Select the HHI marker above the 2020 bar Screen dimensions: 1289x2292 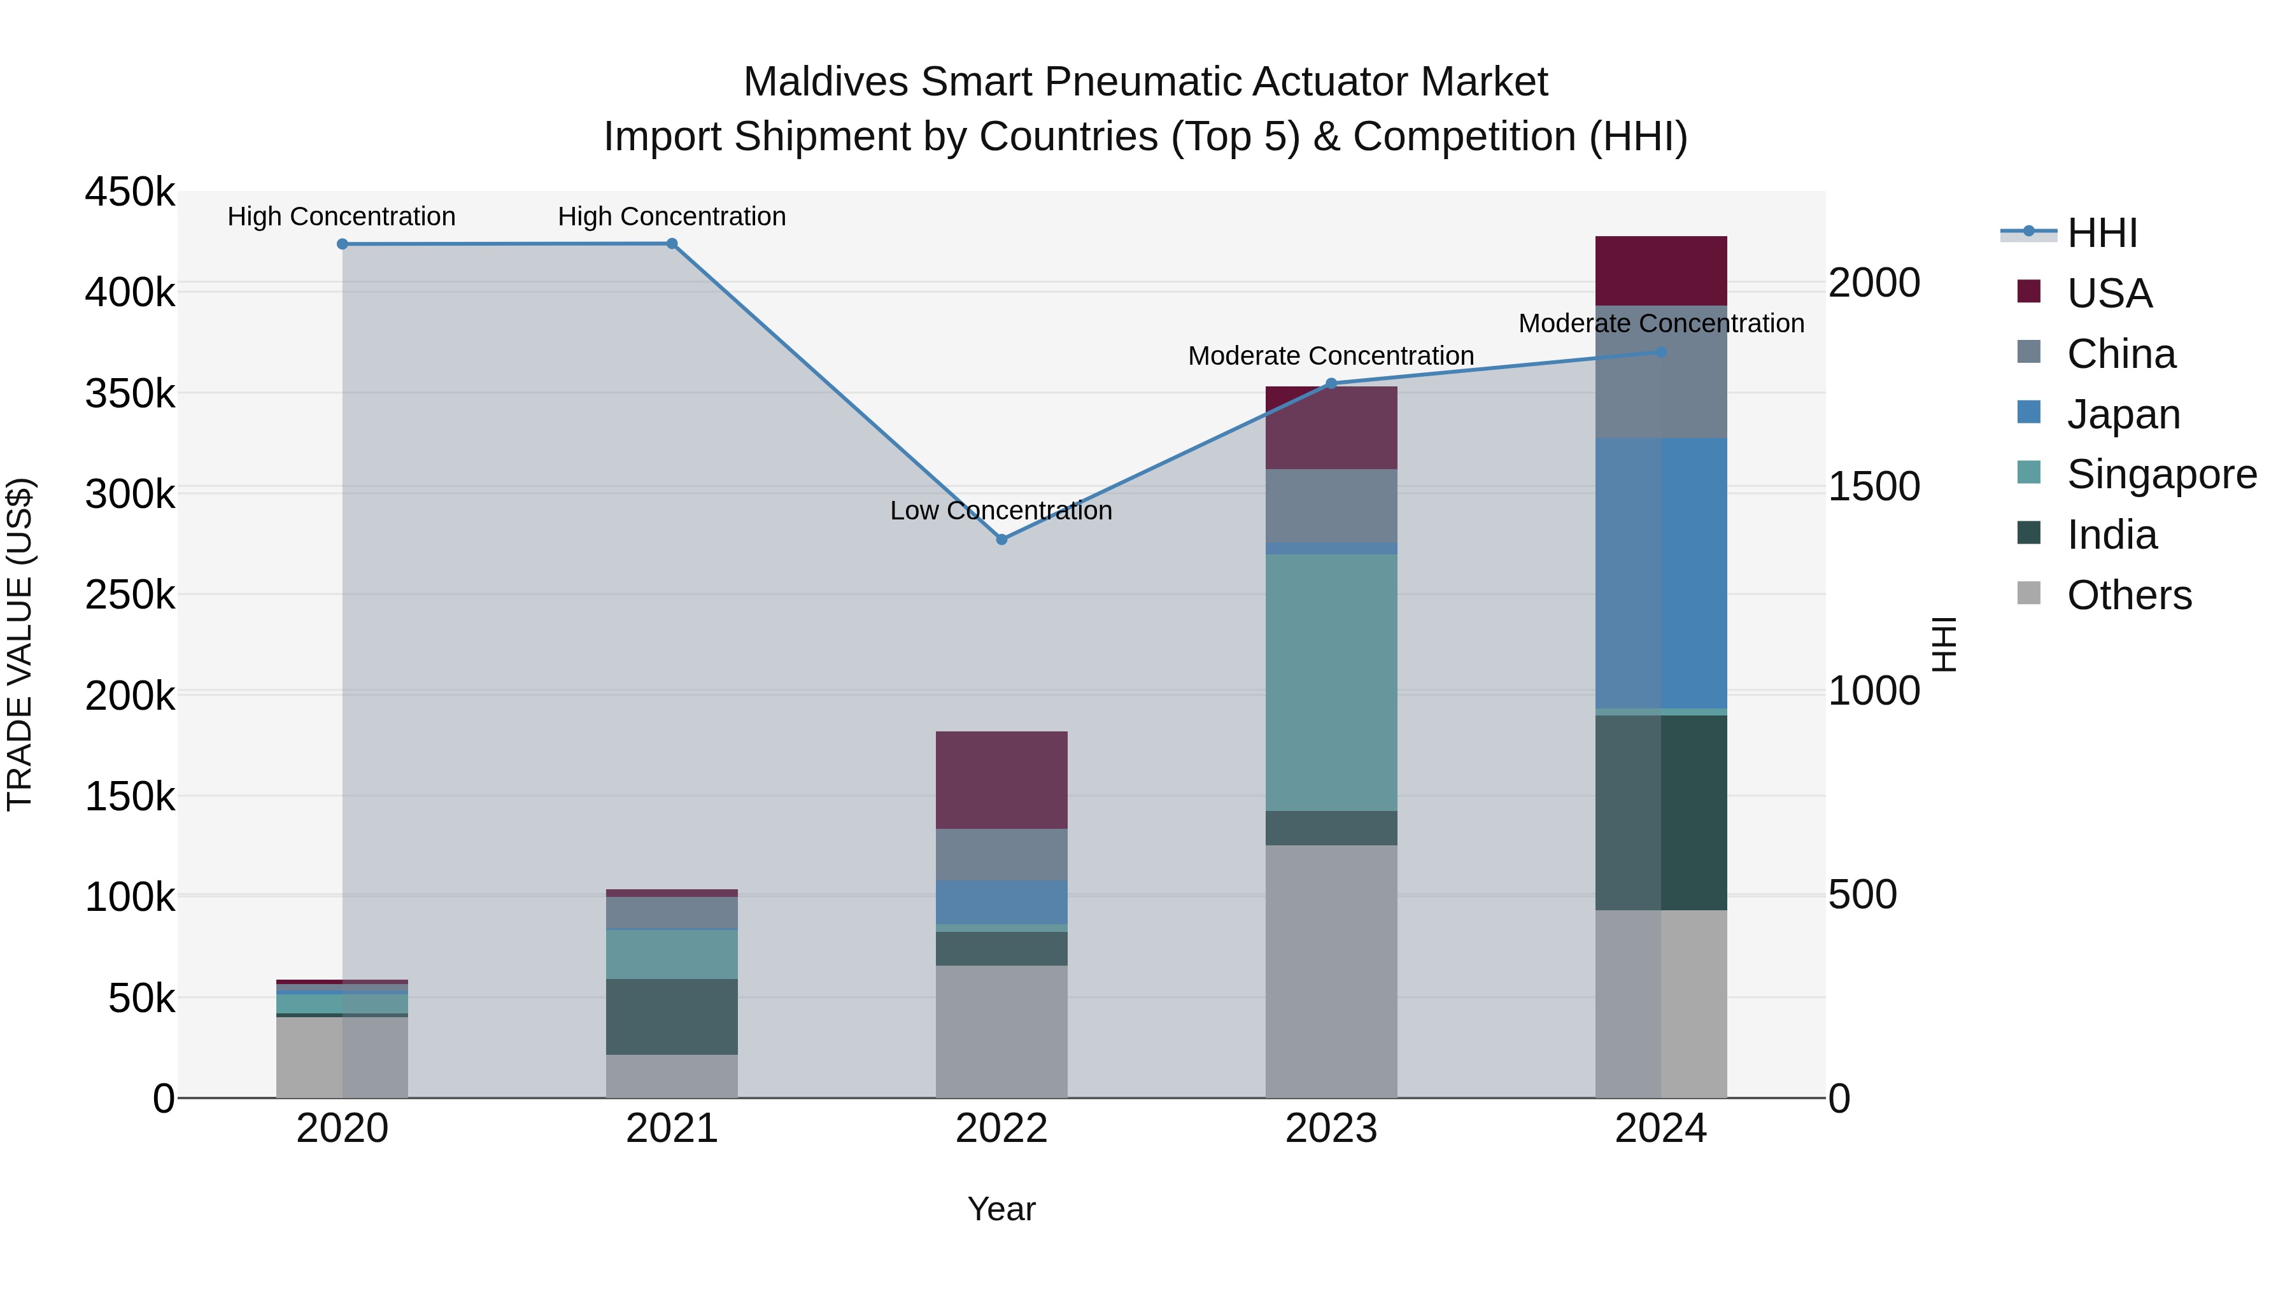(343, 244)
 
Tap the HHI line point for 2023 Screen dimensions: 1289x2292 (1331, 383)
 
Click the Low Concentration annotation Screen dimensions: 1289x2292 (1001, 511)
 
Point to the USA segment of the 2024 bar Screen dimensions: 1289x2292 (1660, 271)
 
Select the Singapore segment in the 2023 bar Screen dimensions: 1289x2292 (1331, 682)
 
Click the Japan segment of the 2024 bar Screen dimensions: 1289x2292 (1660, 573)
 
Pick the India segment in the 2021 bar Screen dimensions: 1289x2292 (672, 1017)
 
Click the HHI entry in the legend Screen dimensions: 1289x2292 (2102, 233)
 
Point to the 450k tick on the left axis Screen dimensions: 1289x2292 (130, 192)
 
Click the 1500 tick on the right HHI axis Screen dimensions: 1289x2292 (1874, 486)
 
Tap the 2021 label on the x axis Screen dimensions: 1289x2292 (672, 1129)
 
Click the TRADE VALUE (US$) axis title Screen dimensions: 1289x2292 (20, 644)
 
